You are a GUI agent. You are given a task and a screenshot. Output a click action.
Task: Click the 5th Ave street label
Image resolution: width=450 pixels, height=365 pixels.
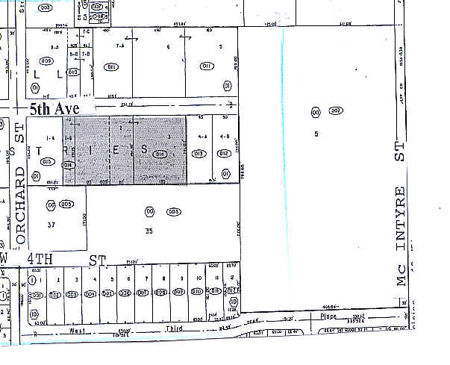(54, 109)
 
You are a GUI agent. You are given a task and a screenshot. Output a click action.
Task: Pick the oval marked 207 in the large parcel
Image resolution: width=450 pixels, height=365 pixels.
(335, 112)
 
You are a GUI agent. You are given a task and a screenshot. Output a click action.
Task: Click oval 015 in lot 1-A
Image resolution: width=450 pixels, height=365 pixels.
(49, 162)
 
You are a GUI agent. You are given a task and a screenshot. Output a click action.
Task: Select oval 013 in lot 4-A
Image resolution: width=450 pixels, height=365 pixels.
(199, 154)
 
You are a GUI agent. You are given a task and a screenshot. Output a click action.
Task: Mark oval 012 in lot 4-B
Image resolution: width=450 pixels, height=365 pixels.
(222, 154)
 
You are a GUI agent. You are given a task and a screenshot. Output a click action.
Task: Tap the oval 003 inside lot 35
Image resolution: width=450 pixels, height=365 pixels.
(173, 211)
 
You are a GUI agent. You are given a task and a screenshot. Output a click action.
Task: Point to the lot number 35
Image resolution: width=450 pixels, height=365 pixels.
(149, 231)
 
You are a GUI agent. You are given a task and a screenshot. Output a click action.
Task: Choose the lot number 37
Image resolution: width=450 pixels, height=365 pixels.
(51, 225)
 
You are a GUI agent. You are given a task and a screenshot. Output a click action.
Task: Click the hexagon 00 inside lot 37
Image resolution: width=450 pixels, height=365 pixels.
(51, 204)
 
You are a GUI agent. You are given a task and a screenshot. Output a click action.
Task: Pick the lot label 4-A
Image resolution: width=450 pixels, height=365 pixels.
(201, 137)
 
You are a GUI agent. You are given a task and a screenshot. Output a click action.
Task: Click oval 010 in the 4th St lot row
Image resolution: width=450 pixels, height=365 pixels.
(198, 292)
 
